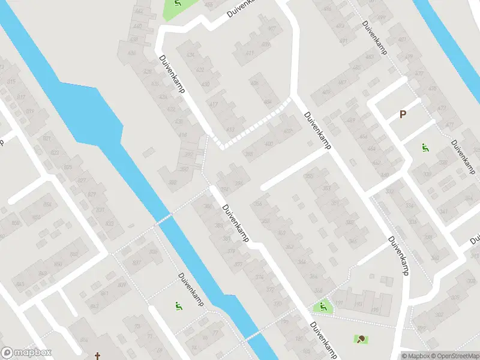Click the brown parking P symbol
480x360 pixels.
click(403, 114)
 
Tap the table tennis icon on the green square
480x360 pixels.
click(361, 340)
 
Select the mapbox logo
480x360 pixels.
click(26, 353)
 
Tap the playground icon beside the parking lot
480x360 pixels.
click(425, 148)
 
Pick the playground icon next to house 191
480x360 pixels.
click(323, 307)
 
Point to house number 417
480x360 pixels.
click(213, 104)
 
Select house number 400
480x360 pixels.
click(268, 144)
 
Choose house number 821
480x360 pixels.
click(46, 139)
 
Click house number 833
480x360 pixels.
click(109, 223)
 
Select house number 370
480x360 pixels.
click(277, 304)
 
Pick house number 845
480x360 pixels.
click(21, 284)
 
